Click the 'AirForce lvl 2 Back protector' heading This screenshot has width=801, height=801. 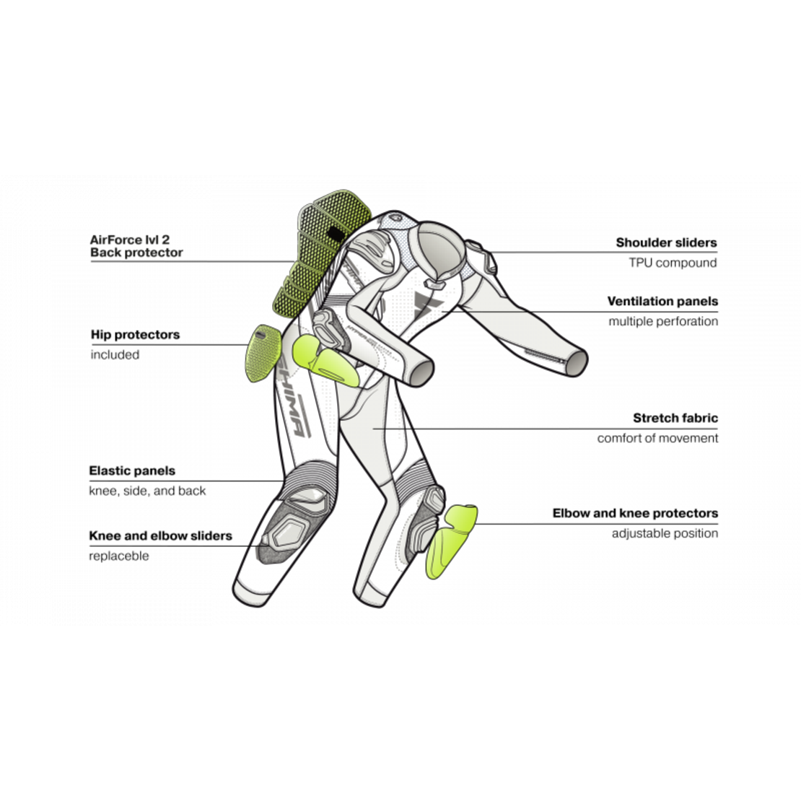pyautogui.click(x=136, y=246)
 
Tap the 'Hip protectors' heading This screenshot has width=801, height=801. pyautogui.click(x=136, y=335)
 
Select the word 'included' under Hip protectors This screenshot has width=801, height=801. pyautogui.click(x=115, y=354)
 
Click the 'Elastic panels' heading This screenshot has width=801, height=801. pyautogui.click(x=132, y=470)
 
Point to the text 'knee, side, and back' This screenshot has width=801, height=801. pyautogui.click(x=147, y=491)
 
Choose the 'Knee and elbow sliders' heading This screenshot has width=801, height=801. pyautogui.click(x=160, y=535)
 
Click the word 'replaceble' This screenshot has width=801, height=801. pyautogui.click(x=119, y=556)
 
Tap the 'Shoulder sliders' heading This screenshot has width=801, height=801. pyautogui.click(x=666, y=242)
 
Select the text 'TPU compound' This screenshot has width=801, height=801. pyautogui.click(x=673, y=263)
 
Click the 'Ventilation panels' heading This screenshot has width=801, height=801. pyautogui.click(x=662, y=302)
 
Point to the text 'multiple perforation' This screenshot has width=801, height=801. pyautogui.click(x=663, y=321)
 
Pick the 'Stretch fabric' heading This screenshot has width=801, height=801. pyautogui.click(x=675, y=418)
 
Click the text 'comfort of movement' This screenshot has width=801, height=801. pyautogui.click(x=657, y=438)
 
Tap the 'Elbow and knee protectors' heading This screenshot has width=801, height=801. pyautogui.click(x=635, y=513)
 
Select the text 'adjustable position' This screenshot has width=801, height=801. pyautogui.click(x=665, y=533)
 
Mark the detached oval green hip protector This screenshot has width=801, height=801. pyautogui.click(x=263, y=352)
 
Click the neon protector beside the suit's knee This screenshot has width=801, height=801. pyautogui.click(x=450, y=541)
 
